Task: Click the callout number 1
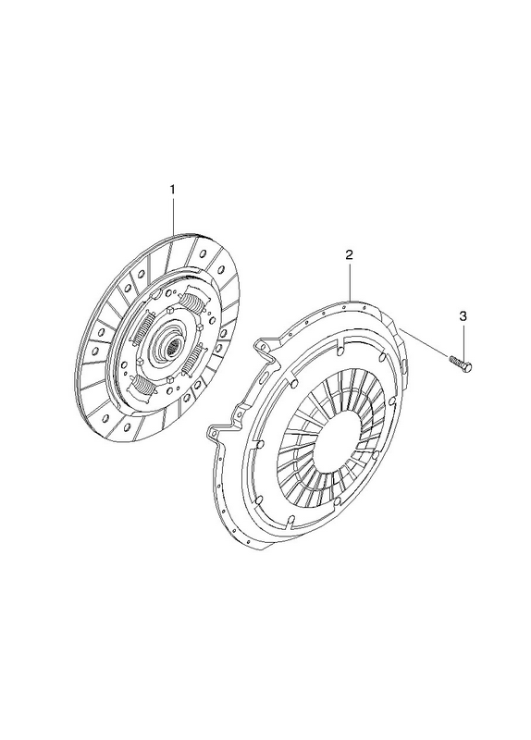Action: click(x=172, y=190)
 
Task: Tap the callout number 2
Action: click(x=349, y=255)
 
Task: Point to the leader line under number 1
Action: click(x=173, y=216)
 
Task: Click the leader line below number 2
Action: click(x=350, y=280)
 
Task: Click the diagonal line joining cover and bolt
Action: click(x=423, y=340)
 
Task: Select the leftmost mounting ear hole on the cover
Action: click(x=214, y=431)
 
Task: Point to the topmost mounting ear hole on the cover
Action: click(x=259, y=345)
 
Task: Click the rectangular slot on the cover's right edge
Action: click(x=406, y=364)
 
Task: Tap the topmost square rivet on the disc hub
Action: click(x=168, y=311)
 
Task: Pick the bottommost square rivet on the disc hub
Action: click(x=170, y=380)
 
